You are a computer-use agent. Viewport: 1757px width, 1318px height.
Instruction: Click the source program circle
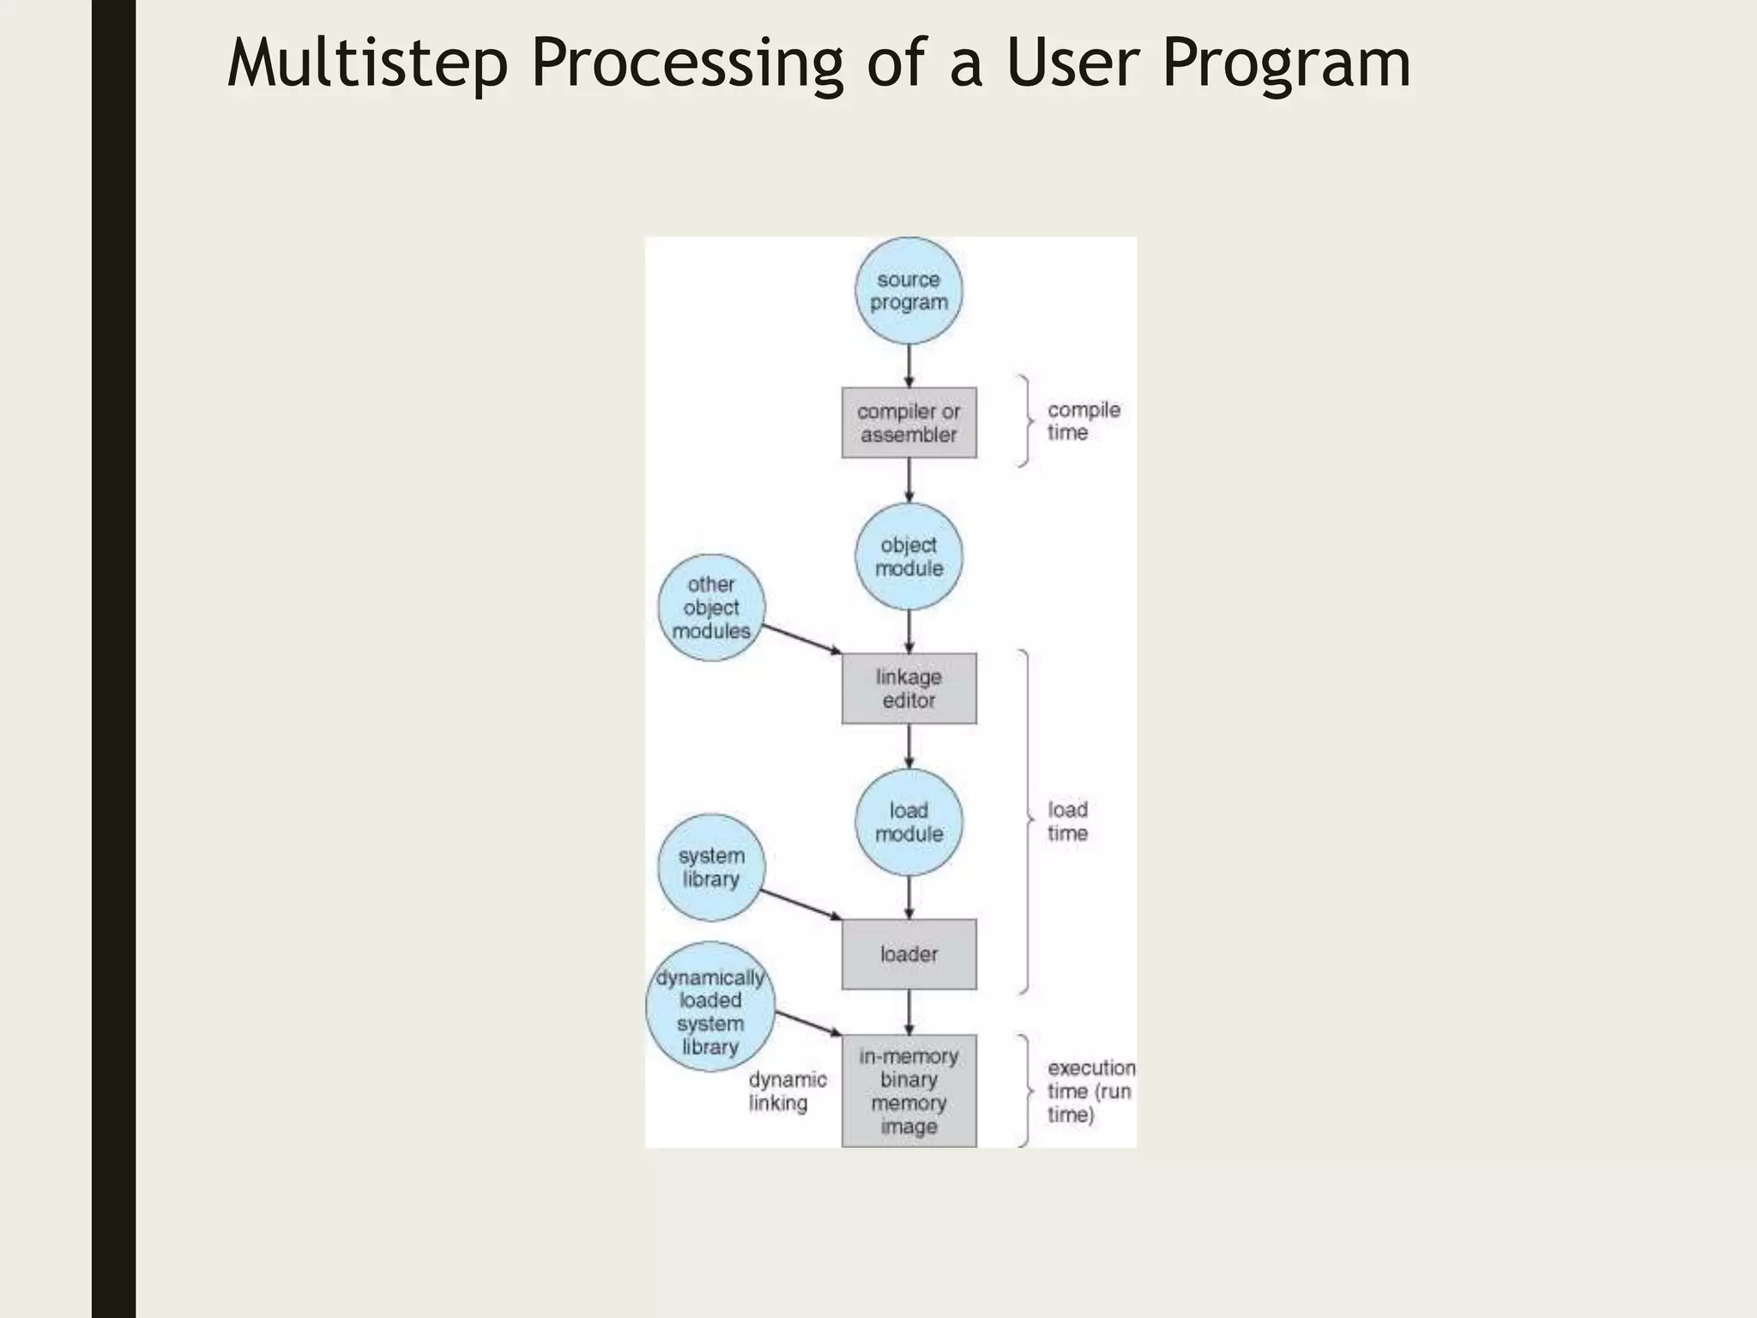(x=909, y=291)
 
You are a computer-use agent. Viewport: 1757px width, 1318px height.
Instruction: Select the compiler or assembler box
(x=909, y=422)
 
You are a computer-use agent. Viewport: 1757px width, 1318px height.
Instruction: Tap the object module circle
(x=909, y=556)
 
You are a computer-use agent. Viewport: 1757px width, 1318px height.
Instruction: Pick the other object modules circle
(x=710, y=608)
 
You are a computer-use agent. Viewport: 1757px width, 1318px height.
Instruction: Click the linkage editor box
(x=909, y=688)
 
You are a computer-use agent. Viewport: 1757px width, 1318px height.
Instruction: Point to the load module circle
(x=909, y=822)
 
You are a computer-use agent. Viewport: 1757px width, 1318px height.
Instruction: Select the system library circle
(x=710, y=868)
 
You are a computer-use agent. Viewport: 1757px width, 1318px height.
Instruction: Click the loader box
(x=909, y=954)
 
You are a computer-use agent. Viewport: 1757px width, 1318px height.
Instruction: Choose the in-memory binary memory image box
(x=909, y=1091)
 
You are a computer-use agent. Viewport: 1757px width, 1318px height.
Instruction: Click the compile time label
(x=1083, y=421)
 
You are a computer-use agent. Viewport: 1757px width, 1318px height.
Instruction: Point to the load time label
(x=1067, y=821)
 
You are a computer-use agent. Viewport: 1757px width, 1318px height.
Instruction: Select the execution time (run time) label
(x=1090, y=1091)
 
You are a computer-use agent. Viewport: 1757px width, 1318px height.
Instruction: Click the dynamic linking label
(x=787, y=1091)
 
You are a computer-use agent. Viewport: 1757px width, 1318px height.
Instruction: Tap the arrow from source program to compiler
(x=909, y=366)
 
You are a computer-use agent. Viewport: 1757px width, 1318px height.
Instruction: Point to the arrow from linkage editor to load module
(x=909, y=746)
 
